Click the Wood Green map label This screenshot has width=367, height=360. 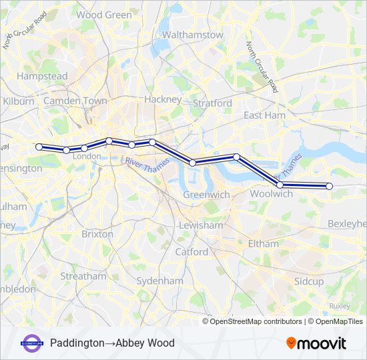(x=104, y=14)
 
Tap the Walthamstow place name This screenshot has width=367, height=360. (x=193, y=34)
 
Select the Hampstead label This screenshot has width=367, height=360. (x=42, y=76)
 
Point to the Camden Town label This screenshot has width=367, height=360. (x=75, y=101)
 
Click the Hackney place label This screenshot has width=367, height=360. (x=163, y=99)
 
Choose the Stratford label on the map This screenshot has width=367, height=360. (x=212, y=103)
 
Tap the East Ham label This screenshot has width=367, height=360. (x=264, y=115)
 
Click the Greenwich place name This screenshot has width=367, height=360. (x=207, y=195)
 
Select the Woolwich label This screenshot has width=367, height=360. (x=271, y=193)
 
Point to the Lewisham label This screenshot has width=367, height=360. (x=201, y=225)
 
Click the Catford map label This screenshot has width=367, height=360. (x=192, y=252)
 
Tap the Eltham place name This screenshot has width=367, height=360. (x=263, y=244)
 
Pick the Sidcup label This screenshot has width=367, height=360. (x=309, y=281)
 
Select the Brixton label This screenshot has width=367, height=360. (x=97, y=234)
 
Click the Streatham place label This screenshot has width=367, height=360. (x=83, y=275)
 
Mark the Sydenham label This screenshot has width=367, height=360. (x=159, y=281)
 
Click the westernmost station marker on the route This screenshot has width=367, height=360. (x=39, y=147)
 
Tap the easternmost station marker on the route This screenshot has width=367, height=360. (x=329, y=187)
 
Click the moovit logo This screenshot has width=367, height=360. (x=316, y=343)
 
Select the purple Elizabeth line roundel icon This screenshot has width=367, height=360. (x=32, y=343)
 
